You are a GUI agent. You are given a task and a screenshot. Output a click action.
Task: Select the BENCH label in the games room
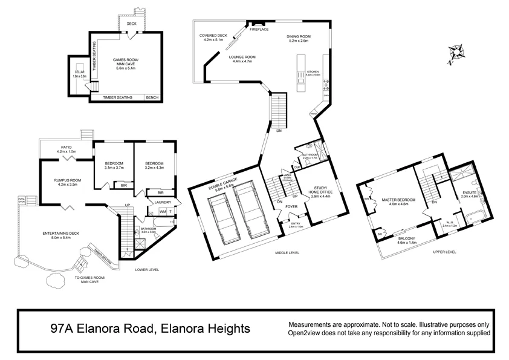click(153, 97)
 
